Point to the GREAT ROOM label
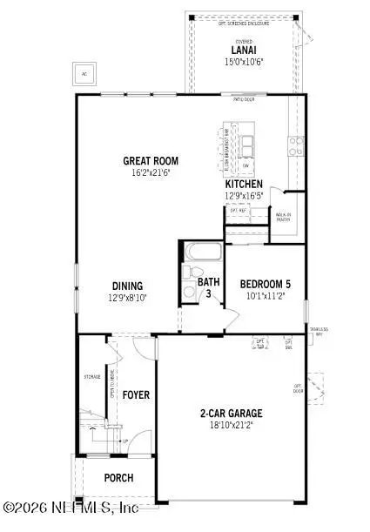pyautogui.click(x=151, y=161)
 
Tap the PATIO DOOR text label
pyautogui.click(x=243, y=100)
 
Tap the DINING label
pyautogui.click(x=127, y=286)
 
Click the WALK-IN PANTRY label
pyautogui.click(x=283, y=217)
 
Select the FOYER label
pyautogui.click(x=135, y=394)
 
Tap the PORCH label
pyautogui.click(x=118, y=477)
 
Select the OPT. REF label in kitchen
pyautogui.click(x=238, y=210)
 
